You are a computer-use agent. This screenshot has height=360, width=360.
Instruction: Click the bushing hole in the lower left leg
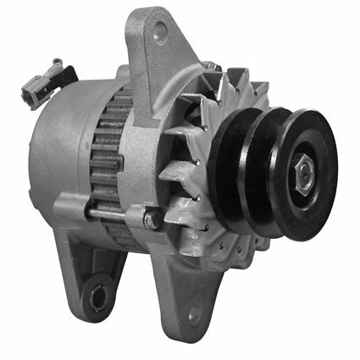[97, 296]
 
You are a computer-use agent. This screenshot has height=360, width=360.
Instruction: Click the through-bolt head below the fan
[151, 221]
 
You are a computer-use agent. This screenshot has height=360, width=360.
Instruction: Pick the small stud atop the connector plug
[56, 64]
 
